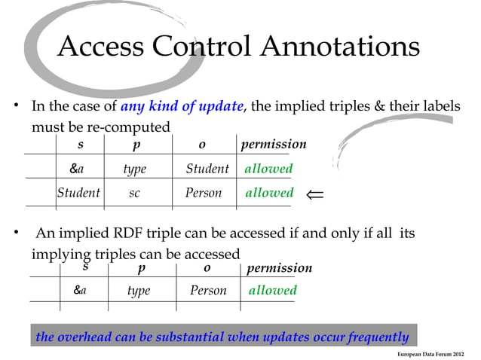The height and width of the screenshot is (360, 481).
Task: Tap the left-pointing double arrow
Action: point(314,195)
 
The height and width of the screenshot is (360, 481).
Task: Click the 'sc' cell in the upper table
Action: point(134,193)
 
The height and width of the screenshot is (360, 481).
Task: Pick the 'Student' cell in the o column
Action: point(207,169)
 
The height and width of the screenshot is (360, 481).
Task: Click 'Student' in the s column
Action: point(78,193)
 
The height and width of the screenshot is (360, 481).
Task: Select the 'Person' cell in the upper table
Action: point(204,193)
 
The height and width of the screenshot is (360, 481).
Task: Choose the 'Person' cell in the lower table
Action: point(208,291)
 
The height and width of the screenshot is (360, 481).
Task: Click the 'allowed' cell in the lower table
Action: point(273,290)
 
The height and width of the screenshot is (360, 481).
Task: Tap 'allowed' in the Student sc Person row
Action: point(269,193)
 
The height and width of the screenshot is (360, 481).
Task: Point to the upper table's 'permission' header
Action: point(273,144)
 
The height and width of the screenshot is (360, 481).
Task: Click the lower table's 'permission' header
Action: point(278,268)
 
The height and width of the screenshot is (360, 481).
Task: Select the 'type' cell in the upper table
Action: point(134,169)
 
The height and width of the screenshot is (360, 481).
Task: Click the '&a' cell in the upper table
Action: point(77,169)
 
